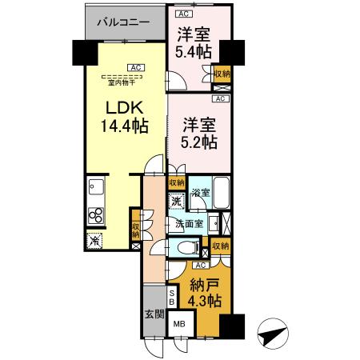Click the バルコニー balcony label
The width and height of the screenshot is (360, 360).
coord(123,22)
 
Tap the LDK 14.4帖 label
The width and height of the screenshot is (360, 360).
coord(125,117)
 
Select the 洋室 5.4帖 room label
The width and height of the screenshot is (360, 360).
coord(194,42)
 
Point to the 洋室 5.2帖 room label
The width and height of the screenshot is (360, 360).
coord(199,134)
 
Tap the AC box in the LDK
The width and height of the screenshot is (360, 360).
coord(136,68)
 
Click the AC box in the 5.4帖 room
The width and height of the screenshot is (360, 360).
coord(184,14)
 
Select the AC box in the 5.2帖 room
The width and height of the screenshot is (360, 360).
coord(220,98)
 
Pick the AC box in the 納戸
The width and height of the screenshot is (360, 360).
coord(201,266)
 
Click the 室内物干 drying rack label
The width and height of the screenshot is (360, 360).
coord(122,83)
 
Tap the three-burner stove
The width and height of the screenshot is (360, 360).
coord(96,215)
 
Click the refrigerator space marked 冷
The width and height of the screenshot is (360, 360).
coord(94,241)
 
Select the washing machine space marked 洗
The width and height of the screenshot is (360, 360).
coord(176,201)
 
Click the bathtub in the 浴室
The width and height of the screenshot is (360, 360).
coord(222,193)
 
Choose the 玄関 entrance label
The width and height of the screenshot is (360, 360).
coord(154,314)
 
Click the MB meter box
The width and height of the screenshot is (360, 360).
coord(179,324)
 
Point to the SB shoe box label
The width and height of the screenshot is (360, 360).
coord(172,298)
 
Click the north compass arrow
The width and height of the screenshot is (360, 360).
coord(273,334)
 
